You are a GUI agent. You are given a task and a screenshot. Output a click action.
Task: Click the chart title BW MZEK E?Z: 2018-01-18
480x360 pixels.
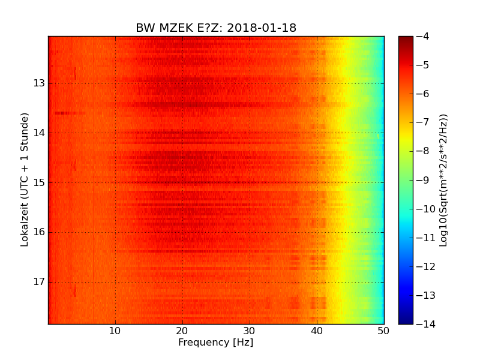(216, 28)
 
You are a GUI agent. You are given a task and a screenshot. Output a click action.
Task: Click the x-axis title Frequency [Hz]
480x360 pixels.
(216, 343)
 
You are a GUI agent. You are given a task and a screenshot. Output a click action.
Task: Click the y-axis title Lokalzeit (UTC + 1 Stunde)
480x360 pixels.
(25, 179)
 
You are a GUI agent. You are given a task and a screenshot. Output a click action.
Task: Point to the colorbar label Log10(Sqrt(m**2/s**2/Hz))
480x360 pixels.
(444, 180)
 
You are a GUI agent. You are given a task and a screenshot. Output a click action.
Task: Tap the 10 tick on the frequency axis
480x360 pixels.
(115, 331)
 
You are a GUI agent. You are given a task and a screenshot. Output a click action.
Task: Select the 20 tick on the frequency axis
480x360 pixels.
(182, 331)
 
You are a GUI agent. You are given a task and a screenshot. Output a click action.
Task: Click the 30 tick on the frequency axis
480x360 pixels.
(250, 331)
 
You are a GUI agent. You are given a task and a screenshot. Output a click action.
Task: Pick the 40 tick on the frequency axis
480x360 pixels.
(317, 331)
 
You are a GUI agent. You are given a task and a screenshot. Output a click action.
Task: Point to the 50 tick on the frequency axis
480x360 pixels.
(383, 331)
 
